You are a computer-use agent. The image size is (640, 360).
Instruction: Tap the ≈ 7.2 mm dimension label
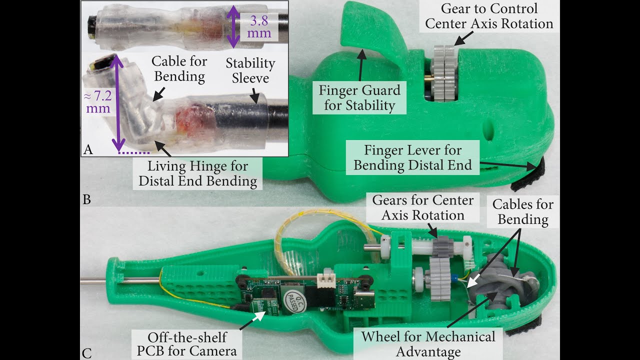98,101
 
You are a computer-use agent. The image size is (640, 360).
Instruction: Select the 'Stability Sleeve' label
250,70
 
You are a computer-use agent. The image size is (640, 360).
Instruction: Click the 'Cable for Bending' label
179,69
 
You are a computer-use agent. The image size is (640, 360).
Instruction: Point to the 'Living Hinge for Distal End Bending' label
198,173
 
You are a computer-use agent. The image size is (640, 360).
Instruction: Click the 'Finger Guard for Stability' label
360,98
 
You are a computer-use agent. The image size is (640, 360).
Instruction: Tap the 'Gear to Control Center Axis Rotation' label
489,16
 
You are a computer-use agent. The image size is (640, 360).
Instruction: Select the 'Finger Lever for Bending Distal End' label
412,157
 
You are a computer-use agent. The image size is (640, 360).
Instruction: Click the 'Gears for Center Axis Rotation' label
422,207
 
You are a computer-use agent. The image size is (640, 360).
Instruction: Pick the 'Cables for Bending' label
523,211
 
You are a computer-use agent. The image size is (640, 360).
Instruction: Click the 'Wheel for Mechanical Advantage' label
428,343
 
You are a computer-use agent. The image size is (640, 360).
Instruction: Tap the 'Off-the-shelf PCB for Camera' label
186,343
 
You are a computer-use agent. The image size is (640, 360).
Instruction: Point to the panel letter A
88,148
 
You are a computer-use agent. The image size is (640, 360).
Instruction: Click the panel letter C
86,353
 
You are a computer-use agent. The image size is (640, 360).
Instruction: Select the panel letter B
86,199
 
